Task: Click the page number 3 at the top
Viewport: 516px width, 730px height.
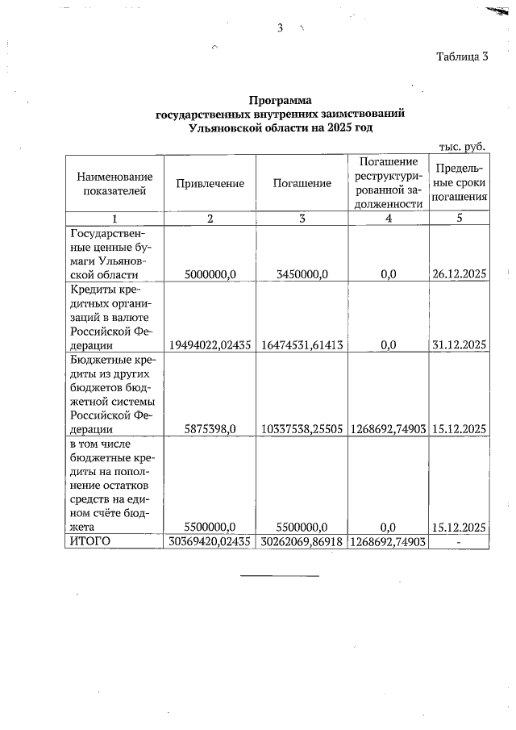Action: pos(280,28)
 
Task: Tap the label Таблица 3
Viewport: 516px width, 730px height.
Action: pos(462,56)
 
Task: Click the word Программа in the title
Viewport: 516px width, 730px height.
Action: pos(280,101)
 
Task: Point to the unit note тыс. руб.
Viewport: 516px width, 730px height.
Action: pos(461,146)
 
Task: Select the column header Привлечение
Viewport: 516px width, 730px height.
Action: pos(210,183)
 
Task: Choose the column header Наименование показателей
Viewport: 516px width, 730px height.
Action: pos(114,183)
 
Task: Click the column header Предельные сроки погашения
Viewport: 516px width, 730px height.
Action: pos(459,182)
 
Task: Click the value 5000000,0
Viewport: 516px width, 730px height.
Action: pos(210,274)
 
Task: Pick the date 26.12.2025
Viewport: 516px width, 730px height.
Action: pos(459,274)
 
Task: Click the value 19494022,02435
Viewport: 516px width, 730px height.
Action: pos(210,344)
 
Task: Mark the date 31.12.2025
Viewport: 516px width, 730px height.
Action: pos(459,344)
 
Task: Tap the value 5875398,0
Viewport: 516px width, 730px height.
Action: pos(210,429)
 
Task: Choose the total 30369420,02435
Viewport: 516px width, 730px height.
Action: pos(210,540)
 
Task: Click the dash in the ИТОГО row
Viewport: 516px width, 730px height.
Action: pos(459,540)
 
